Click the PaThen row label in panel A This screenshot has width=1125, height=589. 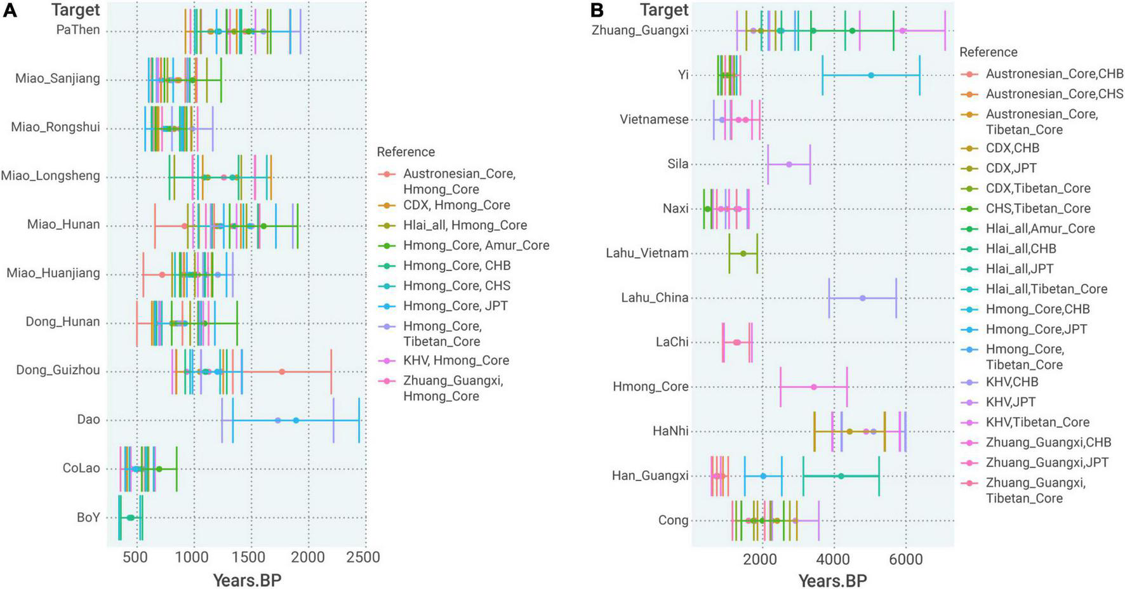pyautogui.click(x=77, y=30)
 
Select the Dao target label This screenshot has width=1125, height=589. pyautogui.click(x=88, y=420)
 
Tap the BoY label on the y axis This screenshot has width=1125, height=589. pyautogui.click(x=88, y=517)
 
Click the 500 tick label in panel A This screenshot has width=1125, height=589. pyautogui.click(x=135, y=557)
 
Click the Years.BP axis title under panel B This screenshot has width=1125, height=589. pyautogui.click(x=832, y=580)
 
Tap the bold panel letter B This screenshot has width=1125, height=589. pyautogui.click(x=597, y=10)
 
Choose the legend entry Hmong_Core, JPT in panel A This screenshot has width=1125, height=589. pyautogui.click(x=455, y=305)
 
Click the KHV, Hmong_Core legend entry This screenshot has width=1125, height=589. pyautogui.click(x=456, y=360)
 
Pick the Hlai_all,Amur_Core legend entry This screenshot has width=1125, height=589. pyautogui.click(x=1040, y=228)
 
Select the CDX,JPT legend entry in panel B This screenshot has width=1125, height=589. pyautogui.click(x=1011, y=168)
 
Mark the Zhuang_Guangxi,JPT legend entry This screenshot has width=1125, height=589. pyautogui.click(x=1047, y=462)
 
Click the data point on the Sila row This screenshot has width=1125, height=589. pyautogui.click(x=789, y=164)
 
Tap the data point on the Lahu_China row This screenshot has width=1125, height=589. pyautogui.click(x=862, y=298)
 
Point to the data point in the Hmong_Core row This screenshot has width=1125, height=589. pyautogui.click(x=813, y=387)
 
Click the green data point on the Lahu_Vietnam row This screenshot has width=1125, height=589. pyautogui.click(x=743, y=253)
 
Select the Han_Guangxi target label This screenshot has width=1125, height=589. pyautogui.click(x=650, y=475)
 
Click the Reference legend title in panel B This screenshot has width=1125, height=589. pyautogui.click(x=988, y=52)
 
